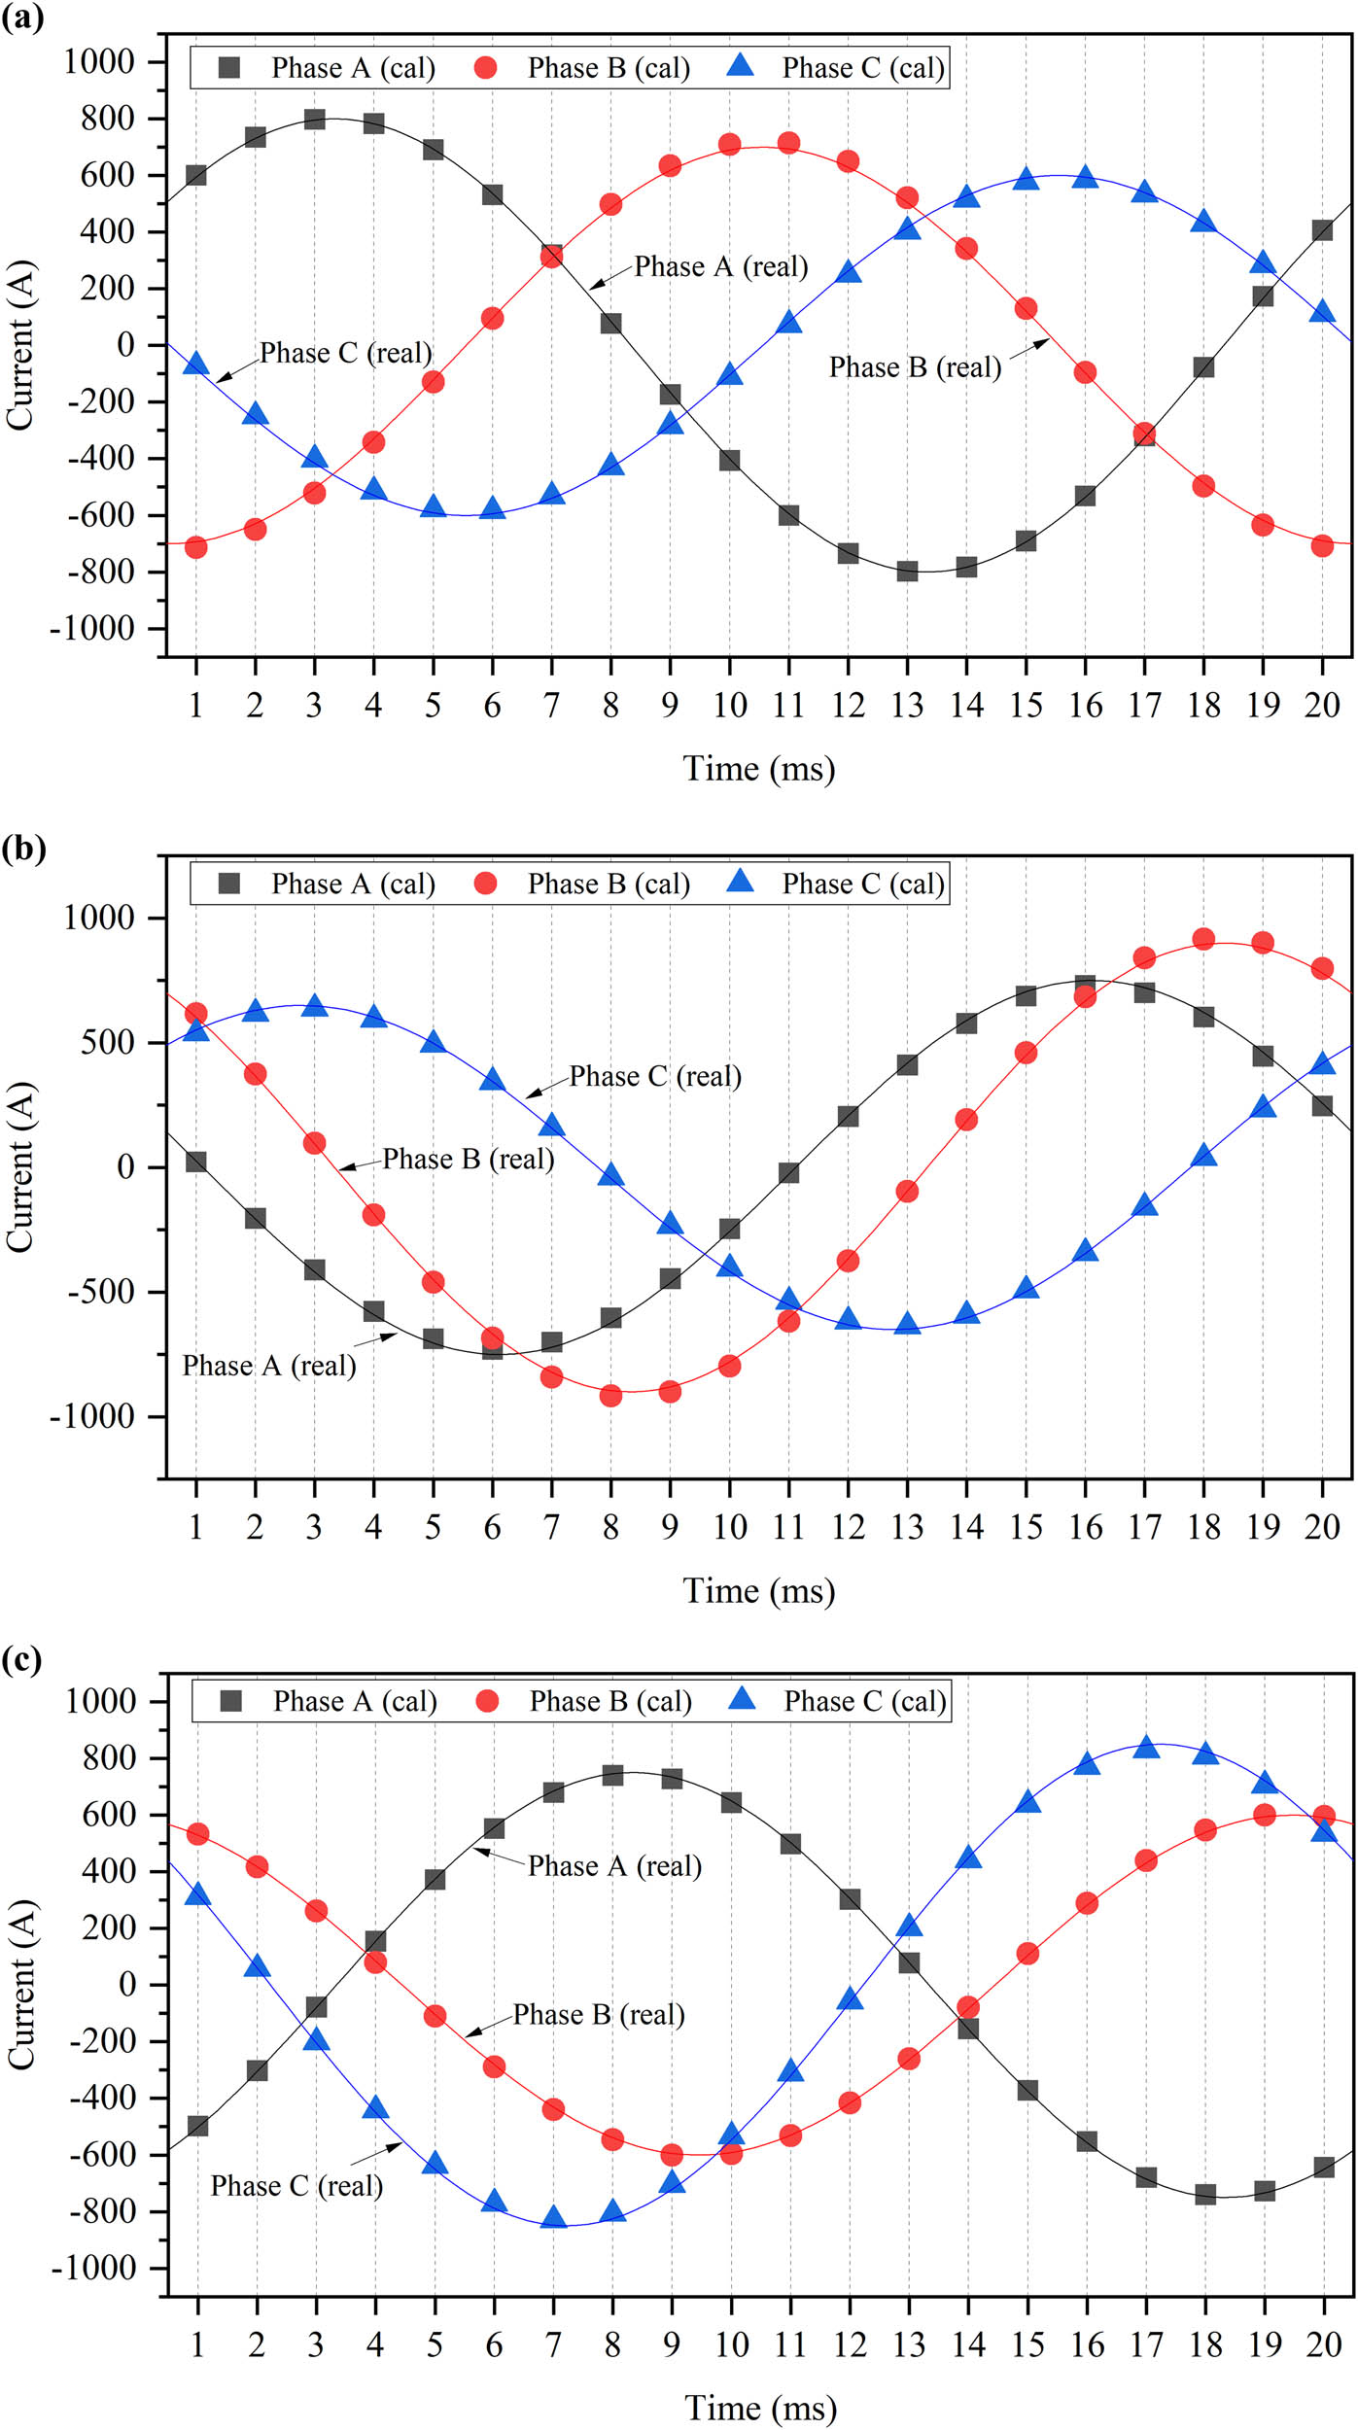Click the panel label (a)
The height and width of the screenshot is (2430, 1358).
(22, 17)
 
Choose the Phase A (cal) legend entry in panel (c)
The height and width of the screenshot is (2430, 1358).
(330, 1701)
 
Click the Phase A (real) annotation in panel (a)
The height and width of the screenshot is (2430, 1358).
(720, 267)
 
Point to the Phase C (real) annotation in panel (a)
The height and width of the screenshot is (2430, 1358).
(345, 353)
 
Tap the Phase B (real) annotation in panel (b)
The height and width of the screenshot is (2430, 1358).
(468, 1159)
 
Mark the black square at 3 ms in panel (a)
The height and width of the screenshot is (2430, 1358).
(314, 119)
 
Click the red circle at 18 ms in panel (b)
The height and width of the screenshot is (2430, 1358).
(1203, 939)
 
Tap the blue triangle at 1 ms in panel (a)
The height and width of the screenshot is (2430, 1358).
(196, 364)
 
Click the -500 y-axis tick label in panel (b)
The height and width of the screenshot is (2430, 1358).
(93, 1292)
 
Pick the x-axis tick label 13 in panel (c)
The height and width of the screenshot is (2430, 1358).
(909, 2344)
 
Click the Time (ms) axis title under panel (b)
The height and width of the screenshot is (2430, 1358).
(758, 1591)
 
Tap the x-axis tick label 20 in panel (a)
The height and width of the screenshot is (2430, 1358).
(1321, 706)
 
